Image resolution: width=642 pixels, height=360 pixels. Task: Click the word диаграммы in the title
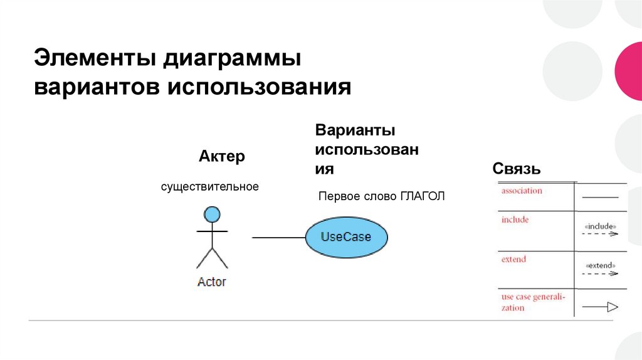[233, 60]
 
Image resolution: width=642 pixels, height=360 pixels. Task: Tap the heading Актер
[221, 156]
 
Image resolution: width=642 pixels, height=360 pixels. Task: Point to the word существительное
[209, 187]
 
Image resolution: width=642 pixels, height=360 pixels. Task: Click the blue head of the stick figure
[212, 214]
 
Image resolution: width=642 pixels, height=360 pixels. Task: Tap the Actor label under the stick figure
[211, 282]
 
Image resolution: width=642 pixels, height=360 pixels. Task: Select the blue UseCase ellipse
[346, 237]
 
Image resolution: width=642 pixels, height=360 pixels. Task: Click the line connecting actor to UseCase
[278, 237]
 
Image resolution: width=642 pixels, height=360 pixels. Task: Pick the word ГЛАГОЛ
[421, 196]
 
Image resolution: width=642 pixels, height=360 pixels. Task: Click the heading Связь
[517, 169]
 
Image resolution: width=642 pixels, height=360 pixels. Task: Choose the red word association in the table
[522, 191]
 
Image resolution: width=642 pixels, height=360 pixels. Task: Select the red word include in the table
[515, 220]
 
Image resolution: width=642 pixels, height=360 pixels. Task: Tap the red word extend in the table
[513, 259]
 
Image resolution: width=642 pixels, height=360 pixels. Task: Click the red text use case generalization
[532, 302]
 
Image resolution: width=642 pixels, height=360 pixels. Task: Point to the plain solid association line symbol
[600, 197]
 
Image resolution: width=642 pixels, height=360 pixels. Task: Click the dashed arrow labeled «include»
[600, 234]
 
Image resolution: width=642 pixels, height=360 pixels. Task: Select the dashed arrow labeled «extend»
[600, 273]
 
